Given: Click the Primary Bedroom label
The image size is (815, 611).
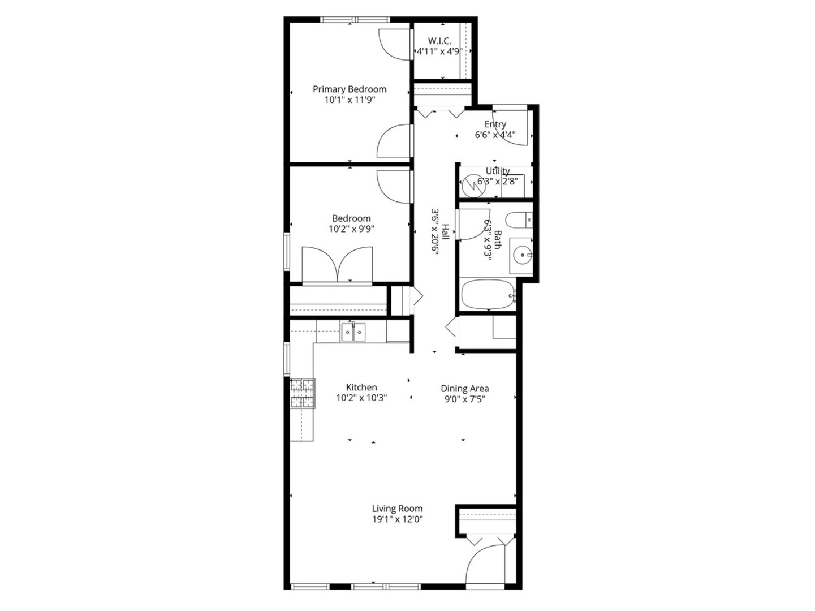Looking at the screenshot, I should tap(350, 89).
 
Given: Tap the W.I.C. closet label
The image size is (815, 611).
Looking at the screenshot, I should tap(439, 41).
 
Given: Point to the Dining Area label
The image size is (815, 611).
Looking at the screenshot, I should tap(464, 389).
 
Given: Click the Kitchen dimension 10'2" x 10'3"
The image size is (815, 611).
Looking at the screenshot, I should tap(361, 398).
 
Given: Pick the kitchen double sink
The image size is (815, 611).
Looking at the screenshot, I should tap(353, 332).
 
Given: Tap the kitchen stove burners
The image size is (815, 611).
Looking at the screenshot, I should tap(302, 393).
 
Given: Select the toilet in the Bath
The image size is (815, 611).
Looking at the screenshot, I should tap(518, 219).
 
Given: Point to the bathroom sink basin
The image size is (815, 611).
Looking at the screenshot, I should tap(520, 255).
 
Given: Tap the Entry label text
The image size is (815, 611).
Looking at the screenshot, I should tap(495, 124).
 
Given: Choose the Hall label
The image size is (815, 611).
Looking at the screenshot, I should tap(446, 232).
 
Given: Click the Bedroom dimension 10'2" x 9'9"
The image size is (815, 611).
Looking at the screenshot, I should tap(351, 229).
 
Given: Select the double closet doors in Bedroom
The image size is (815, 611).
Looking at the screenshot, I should tap(337, 264).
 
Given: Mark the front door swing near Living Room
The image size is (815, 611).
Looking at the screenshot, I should tap(485, 566).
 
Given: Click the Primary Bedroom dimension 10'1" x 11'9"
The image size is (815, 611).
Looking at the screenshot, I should tap(350, 100).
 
